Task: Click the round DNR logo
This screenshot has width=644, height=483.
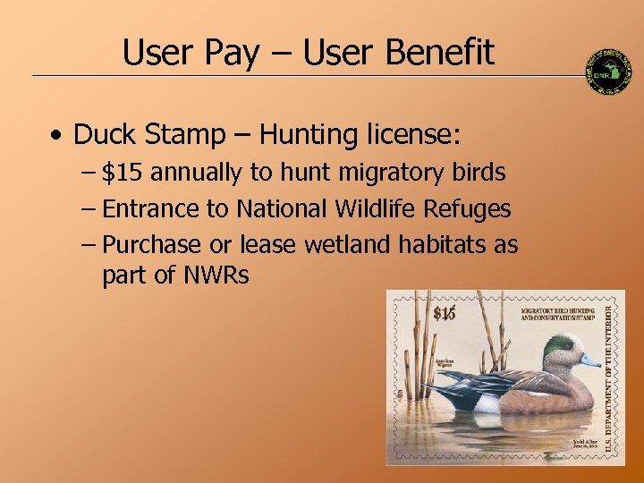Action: pyautogui.click(x=608, y=71)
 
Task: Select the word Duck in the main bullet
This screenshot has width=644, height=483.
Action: pyautogui.click(x=104, y=135)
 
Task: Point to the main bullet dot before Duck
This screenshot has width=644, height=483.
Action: pyautogui.click(x=56, y=136)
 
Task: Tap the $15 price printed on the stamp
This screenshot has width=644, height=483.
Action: pyautogui.click(x=445, y=312)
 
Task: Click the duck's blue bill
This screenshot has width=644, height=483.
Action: pyautogui.click(x=589, y=361)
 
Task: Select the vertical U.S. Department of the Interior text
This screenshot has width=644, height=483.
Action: pyautogui.click(x=609, y=376)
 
